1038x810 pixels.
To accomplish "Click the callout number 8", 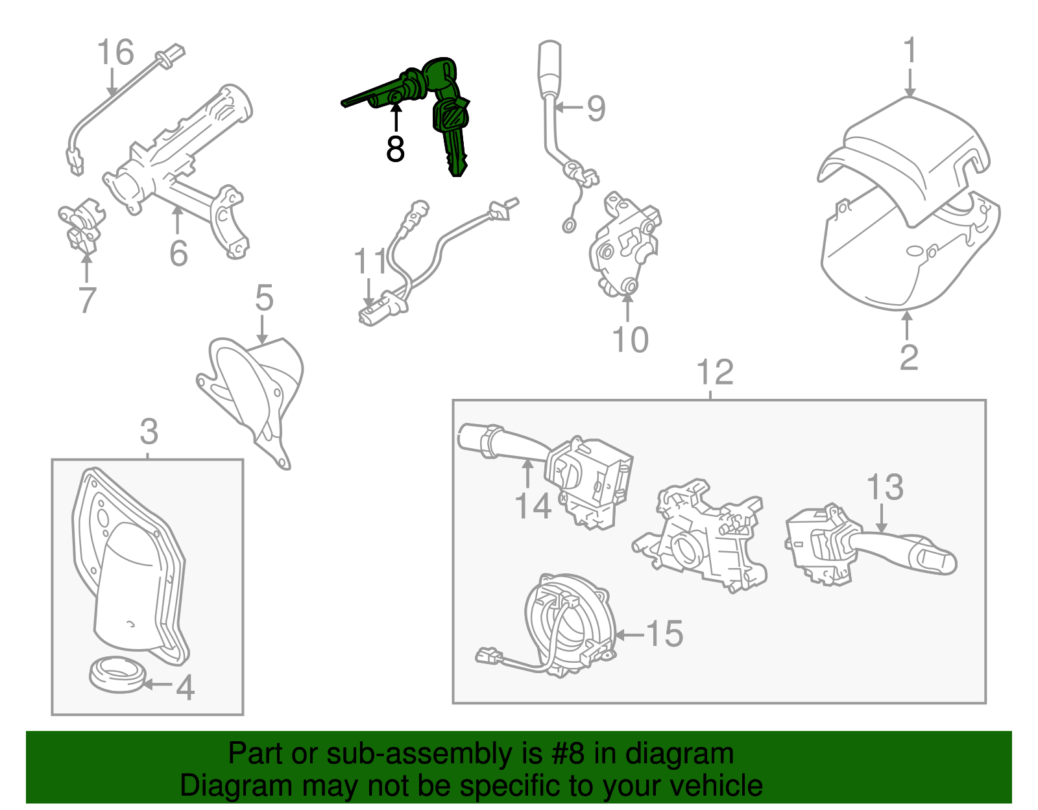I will click(394, 149).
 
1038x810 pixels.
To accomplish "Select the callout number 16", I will click(115, 53).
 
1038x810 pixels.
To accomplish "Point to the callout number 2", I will click(909, 357).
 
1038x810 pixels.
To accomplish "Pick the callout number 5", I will click(264, 298).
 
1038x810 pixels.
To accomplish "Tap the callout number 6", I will click(178, 254).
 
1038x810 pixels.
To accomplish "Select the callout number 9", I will click(596, 108).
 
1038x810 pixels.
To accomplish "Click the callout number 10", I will click(630, 340).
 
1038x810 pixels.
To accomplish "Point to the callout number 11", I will click(370, 262).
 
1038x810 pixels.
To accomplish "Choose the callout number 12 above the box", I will click(714, 373).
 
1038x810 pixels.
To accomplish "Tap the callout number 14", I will click(533, 506).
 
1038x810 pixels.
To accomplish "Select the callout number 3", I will click(149, 432).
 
